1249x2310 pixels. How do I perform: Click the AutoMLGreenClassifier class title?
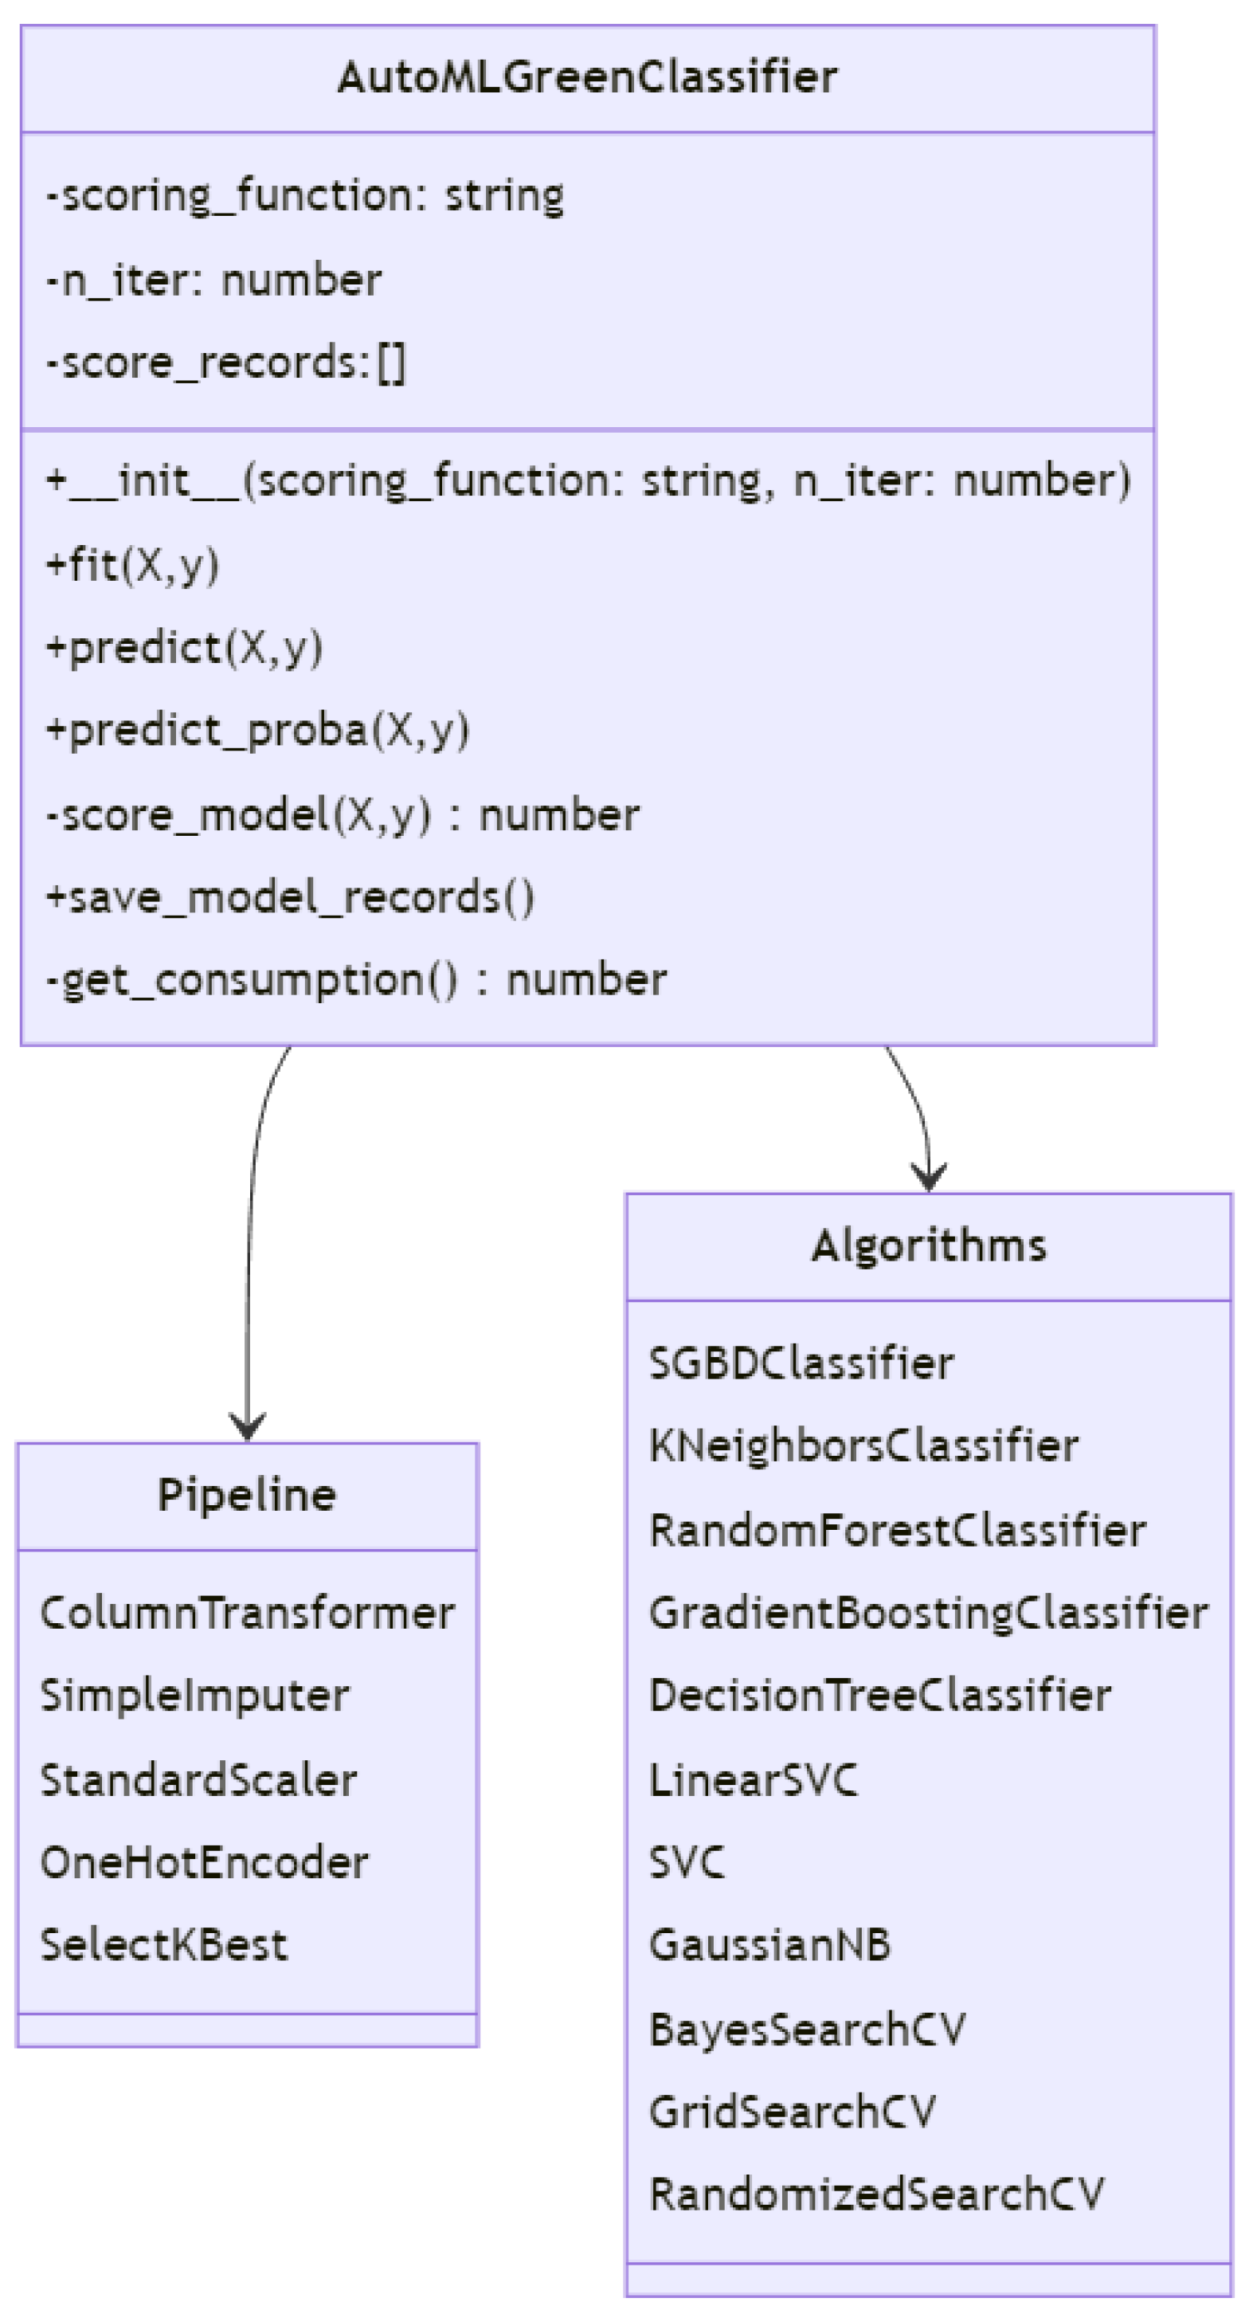tap(587, 77)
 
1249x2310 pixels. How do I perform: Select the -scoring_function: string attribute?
tap(305, 195)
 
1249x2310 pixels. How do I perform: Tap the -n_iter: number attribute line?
tap(214, 280)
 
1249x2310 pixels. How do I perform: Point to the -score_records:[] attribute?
tap(226, 363)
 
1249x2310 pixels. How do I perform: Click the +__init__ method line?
tap(588, 481)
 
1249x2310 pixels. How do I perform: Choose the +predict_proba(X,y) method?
tap(257, 731)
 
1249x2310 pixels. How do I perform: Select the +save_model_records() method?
tap(291, 898)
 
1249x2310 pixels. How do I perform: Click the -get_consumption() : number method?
tap(356, 980)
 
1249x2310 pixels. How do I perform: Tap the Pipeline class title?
tap(247, 1495)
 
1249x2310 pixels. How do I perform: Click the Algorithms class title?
tap(928, 1245)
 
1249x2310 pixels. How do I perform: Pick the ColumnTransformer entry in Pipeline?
tap(248, 1614)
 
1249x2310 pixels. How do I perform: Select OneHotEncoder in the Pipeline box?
tap(205, 1862)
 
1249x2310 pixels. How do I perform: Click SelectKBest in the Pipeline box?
tap(164, 1945)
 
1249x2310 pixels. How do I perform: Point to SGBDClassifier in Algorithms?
tap(801, 1364)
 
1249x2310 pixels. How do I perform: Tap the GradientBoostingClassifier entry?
tap(928, 1614)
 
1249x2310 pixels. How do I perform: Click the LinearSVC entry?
tap(754, 1780)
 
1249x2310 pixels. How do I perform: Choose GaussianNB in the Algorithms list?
tap(769, 1945)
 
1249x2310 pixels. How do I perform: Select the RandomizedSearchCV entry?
tap(876, 2194)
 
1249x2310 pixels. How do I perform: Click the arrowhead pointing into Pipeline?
tap(247, 1428)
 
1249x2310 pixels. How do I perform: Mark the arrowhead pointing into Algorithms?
tap(928, 1179)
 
